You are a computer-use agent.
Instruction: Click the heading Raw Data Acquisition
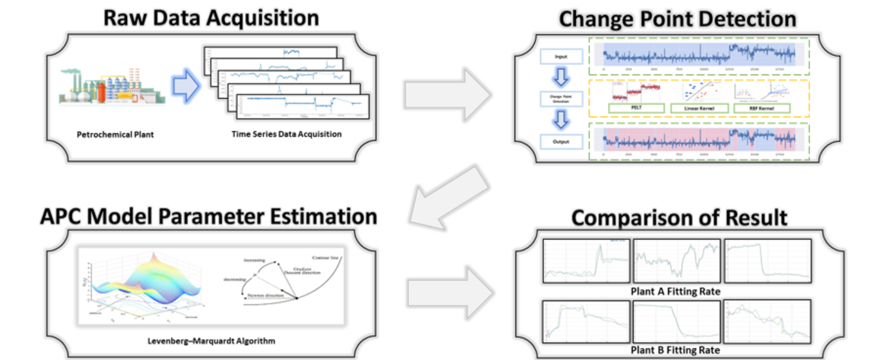[x=211, y=17]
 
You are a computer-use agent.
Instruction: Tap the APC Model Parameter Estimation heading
[x=208, y=216]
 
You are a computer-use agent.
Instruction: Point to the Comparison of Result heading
[x=679, y=218]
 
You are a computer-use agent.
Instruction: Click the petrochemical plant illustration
[x=112, y=86]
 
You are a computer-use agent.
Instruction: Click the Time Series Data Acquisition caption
[x=287, y=134]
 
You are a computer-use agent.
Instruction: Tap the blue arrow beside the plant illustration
[x=187, y=87]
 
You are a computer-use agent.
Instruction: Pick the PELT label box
[x=634, y=108]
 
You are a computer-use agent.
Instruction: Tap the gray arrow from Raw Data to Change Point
[x=447, y=94]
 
